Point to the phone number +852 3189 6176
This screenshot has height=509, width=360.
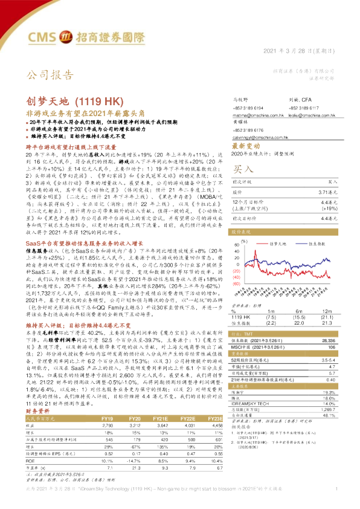coord(248,130)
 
